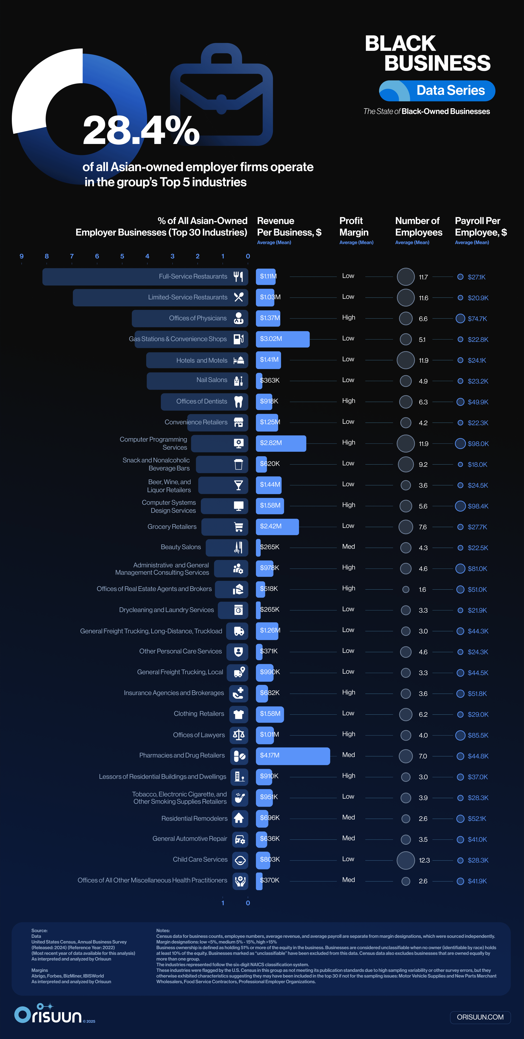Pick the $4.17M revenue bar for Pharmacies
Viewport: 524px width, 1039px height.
(x=293, y=756)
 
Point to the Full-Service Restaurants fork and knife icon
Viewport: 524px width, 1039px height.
(x=239, y=277)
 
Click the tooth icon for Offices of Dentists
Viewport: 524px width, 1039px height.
(x=239, y=402)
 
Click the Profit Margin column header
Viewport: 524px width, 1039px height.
(x=354, y=227)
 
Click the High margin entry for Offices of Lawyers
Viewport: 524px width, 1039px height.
(x=348, y=734)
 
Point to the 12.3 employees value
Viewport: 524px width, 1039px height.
(x=424, y=860)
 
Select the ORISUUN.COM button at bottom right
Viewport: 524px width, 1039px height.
(x=480, y=1017)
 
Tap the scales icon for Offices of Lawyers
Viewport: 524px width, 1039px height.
(x=239, y=735)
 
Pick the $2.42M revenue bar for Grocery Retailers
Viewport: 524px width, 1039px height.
(x=277, y=527)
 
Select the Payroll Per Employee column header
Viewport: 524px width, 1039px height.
(x=480, y=227)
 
